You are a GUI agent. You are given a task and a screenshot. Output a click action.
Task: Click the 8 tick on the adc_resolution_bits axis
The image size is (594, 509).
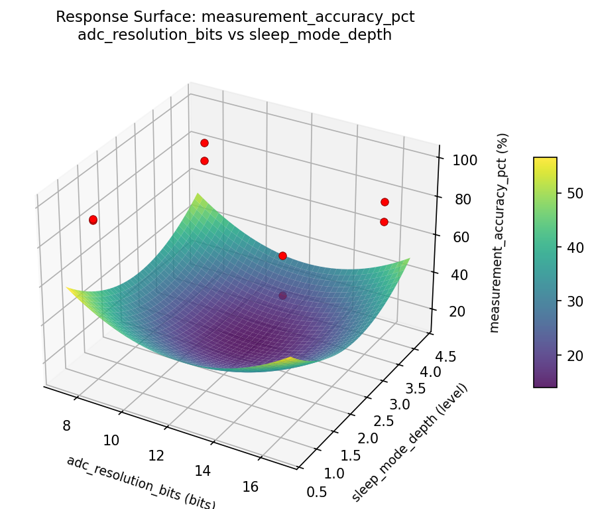tap(66, 425)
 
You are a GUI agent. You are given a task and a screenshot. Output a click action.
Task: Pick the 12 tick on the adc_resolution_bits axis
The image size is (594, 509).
tap(156, 455)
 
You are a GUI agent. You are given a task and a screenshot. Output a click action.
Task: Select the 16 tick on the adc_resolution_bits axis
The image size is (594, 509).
tap(251, 486)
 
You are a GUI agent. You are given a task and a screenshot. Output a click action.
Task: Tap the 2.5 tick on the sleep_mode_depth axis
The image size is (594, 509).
tap(379, 421)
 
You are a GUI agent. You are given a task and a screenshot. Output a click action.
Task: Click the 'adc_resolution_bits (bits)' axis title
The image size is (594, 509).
tap(141, 482)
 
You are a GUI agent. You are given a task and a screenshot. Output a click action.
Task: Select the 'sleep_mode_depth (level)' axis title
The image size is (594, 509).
tap(410, 442)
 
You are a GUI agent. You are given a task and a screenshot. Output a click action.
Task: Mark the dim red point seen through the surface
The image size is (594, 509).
tap(283, 296)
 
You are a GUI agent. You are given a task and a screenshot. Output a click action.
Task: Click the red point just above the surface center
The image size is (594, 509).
tap(282, 255)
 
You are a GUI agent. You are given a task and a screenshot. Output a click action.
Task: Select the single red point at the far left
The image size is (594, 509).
tap(93, 220)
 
